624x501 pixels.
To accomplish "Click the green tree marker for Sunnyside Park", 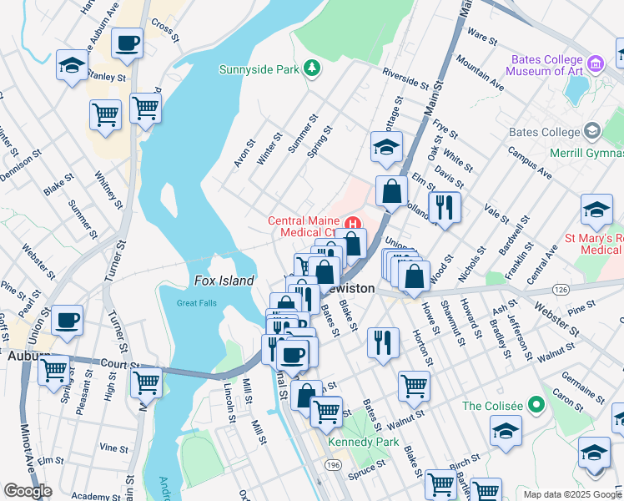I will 311,68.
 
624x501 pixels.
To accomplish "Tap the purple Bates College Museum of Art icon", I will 596,63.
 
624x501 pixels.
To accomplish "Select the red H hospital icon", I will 353,223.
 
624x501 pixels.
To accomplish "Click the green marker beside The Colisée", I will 536,406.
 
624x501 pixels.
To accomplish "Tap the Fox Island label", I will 224,281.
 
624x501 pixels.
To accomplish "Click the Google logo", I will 28,491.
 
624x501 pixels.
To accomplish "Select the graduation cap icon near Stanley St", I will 72,65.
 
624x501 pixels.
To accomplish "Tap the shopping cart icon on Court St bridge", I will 146,383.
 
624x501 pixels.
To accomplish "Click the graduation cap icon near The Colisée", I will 506,433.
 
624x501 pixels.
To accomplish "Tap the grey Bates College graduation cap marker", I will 591,131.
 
